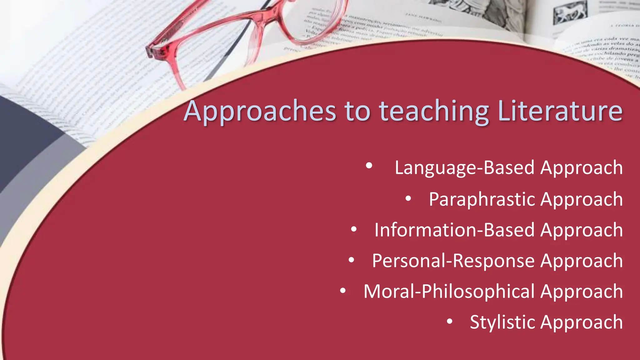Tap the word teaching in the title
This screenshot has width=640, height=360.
(434, 111)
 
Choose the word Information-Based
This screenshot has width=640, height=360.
(455, 230)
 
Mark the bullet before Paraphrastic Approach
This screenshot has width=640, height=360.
(408, 198)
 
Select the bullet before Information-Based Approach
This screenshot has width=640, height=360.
(354, 229)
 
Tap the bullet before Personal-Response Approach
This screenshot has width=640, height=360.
(351, 260)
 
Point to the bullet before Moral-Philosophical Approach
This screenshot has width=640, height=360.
(343, 291)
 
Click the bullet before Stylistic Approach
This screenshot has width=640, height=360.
(449, 321)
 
